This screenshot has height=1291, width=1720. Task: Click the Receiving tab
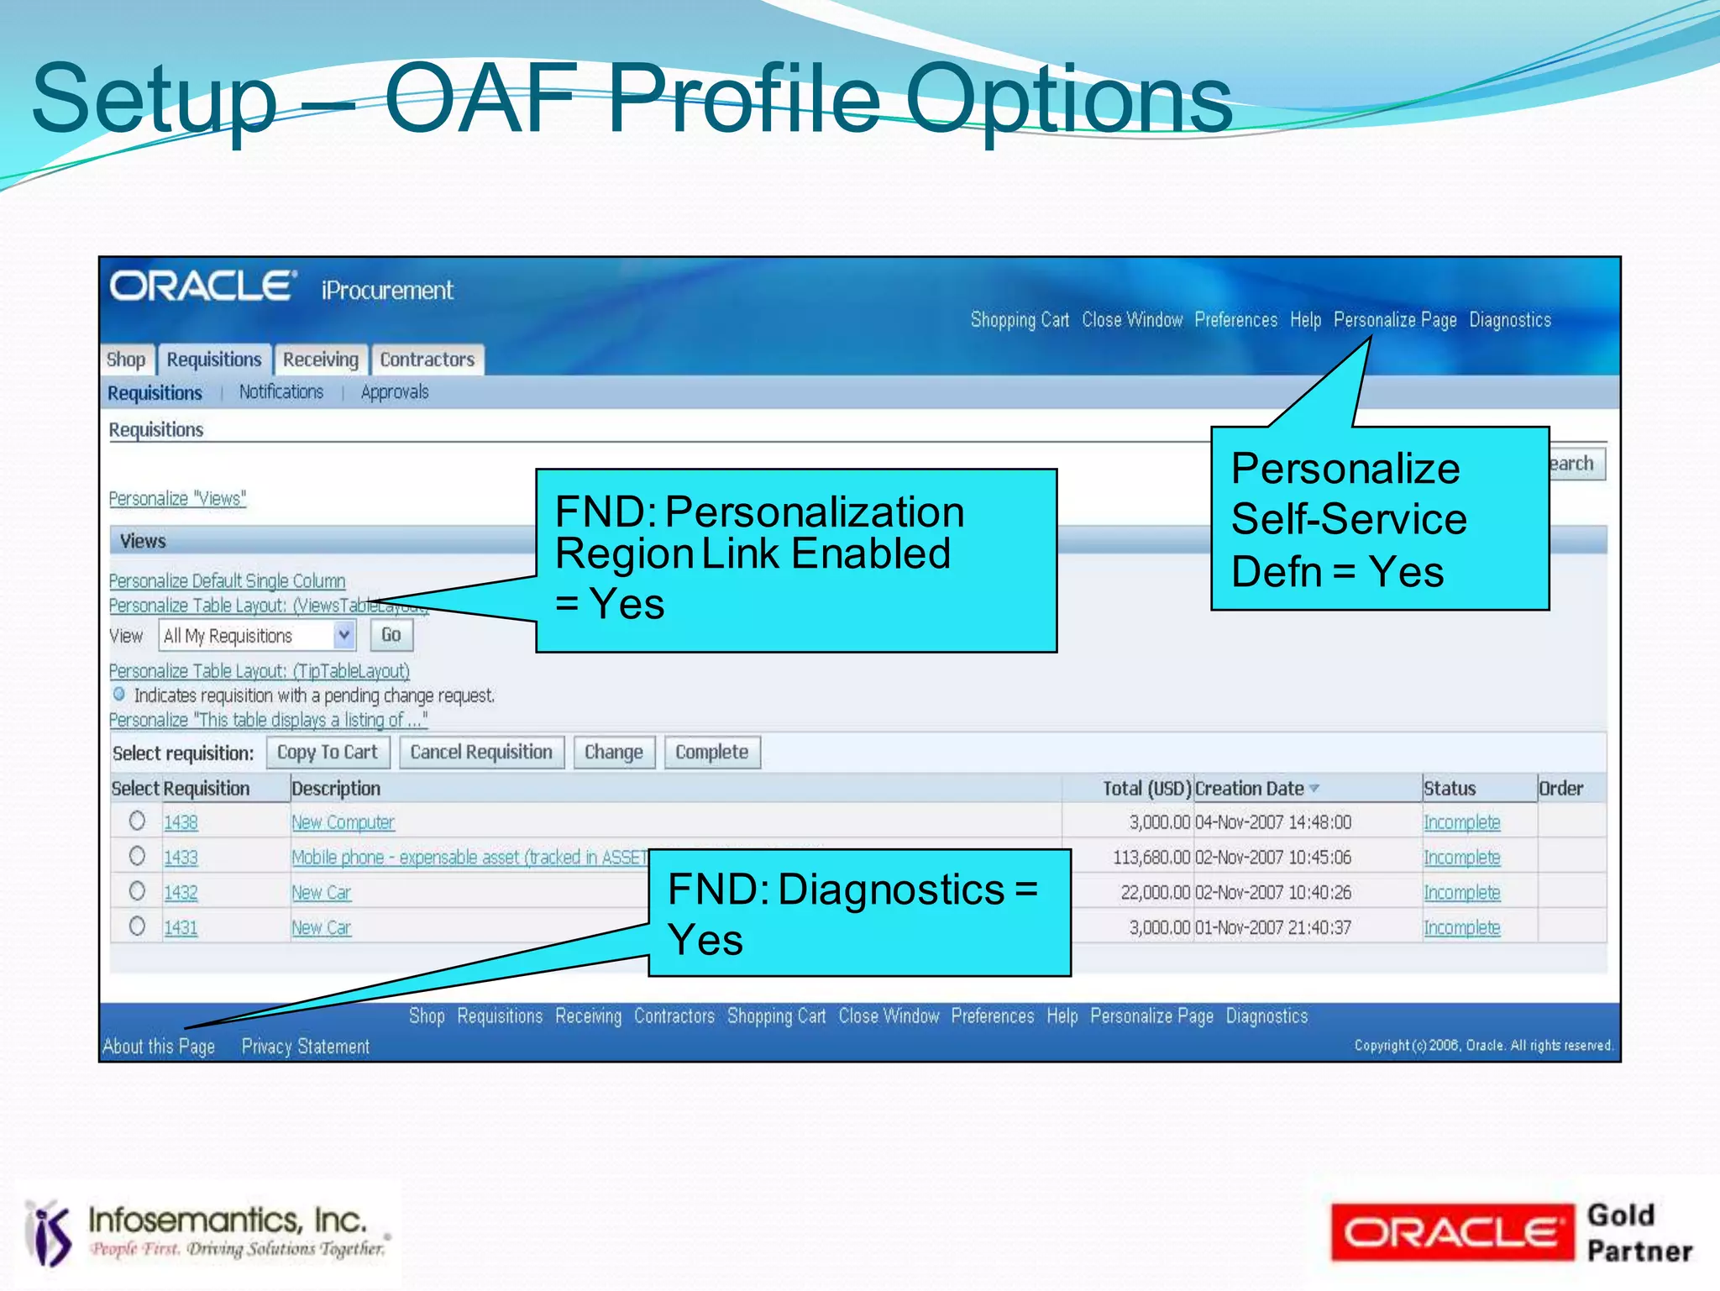[x=320, y=359]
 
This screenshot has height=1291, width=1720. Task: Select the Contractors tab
[x=427, y=359]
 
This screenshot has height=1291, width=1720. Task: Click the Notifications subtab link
[x=281, y=392]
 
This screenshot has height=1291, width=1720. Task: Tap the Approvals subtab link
[x=394, y=392]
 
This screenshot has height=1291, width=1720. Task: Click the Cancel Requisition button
[x=481, y=752]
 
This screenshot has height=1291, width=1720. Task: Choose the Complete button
[x=711, y=752]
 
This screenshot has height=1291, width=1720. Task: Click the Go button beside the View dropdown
[x=391, y=635]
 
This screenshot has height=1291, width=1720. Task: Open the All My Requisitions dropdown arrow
[x=343, y=635]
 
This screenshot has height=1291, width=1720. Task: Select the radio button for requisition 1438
[x=137, y=821]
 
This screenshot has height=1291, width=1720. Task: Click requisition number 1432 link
[x=181, y=893]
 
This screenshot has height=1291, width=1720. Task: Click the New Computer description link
[x=343, y=822]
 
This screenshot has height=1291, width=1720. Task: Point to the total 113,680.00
[x=1151, y=858]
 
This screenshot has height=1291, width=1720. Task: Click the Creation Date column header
[x=1249, y=789]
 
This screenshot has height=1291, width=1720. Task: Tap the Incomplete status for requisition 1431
[x=1461, y=928]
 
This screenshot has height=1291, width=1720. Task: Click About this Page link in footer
[x=159, y=1047]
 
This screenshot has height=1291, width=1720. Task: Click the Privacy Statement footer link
[x=306, y=1047]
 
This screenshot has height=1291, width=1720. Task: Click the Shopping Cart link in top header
[x=1020, y=320]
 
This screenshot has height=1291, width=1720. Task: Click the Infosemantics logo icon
[x=49, y=1232]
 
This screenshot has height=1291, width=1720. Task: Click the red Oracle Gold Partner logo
[x=1451, y=1232]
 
